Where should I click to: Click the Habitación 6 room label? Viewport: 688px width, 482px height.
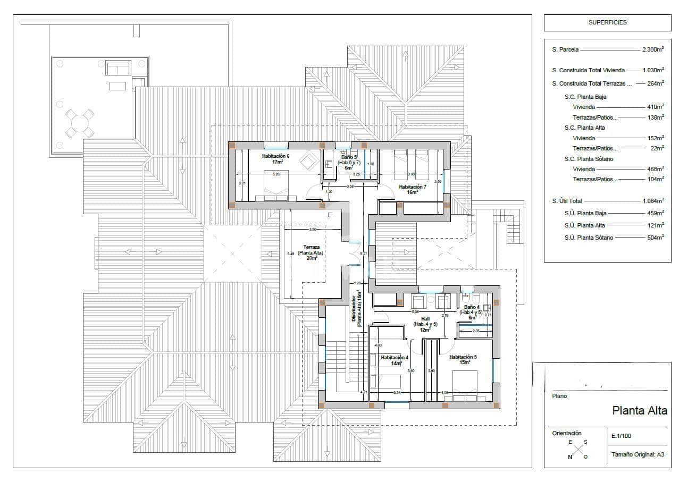click(x=275, y=159)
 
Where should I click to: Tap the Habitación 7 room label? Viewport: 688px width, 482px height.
click(x=413, y=189)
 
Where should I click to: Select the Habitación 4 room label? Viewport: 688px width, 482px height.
click(x=395, y=360)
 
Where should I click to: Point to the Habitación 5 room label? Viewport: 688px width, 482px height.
click(x=463, y=360)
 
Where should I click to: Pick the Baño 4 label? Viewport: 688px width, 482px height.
click(x=471, y=310)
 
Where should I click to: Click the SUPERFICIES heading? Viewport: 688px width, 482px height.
click(x=607, y=23)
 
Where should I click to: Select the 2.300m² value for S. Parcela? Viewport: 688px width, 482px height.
click(x=652, y=49)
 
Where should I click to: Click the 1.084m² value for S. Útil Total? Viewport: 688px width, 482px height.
click(x=652, y=201)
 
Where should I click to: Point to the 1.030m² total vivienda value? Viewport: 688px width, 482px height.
click(x=652, y=70)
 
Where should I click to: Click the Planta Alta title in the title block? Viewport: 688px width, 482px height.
click(x=639, y=410)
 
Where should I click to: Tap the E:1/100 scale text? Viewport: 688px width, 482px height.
click(x=622, y=436)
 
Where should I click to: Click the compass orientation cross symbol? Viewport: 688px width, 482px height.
click(x=577, y=449)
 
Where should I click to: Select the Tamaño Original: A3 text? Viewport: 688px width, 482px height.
click(x=637, y=454)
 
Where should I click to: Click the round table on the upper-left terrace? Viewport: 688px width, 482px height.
click(x=79, y=124)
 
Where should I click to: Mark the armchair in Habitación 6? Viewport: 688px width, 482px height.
click(x=307, y=160)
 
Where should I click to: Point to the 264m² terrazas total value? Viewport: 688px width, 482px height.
click(x=655, y=83)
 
